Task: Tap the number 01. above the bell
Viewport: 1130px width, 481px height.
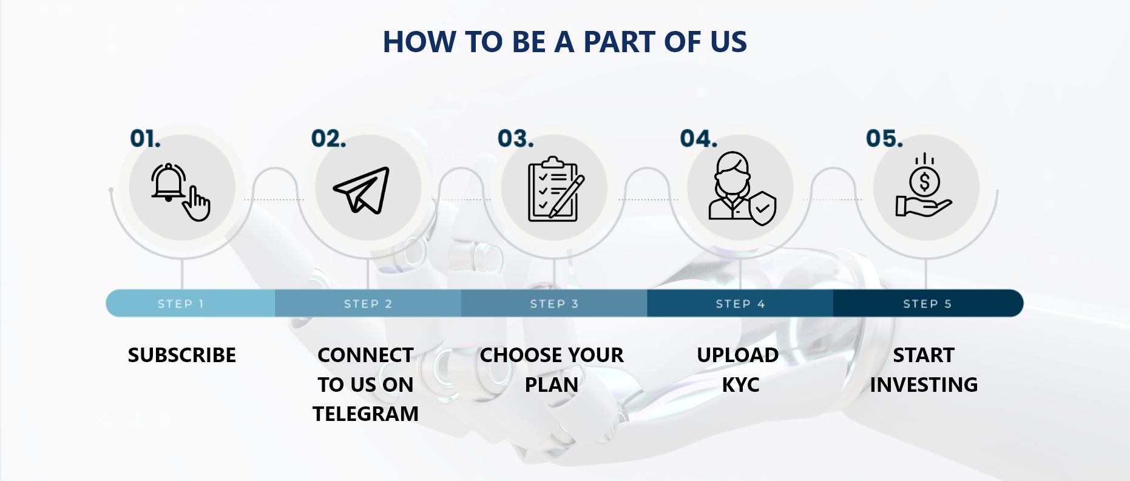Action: [146, 139]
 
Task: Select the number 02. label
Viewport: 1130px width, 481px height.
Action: [329, 139]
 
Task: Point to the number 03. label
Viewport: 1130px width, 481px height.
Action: [516, 139]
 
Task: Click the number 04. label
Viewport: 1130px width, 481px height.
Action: [699, 139]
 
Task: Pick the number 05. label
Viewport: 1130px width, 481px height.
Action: [884, 139]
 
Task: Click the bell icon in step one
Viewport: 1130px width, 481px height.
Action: [168, 182]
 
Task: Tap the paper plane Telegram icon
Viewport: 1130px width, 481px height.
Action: [362, 190]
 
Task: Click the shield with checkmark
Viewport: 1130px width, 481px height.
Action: [763, 208]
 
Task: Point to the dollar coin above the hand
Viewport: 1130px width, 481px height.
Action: [924, 181]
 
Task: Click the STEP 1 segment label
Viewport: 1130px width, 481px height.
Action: [181, 304]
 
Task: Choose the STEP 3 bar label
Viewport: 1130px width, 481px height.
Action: [554, 304]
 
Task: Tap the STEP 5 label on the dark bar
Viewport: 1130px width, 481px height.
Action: [927, 304]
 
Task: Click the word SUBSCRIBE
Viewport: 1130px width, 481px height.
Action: [182, 355]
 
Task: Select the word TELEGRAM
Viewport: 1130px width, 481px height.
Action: [365, 414]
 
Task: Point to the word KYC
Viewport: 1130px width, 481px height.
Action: [740, 385]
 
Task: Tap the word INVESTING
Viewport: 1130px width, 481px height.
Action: [924, 385]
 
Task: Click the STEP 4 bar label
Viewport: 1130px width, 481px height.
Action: [740, 304]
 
